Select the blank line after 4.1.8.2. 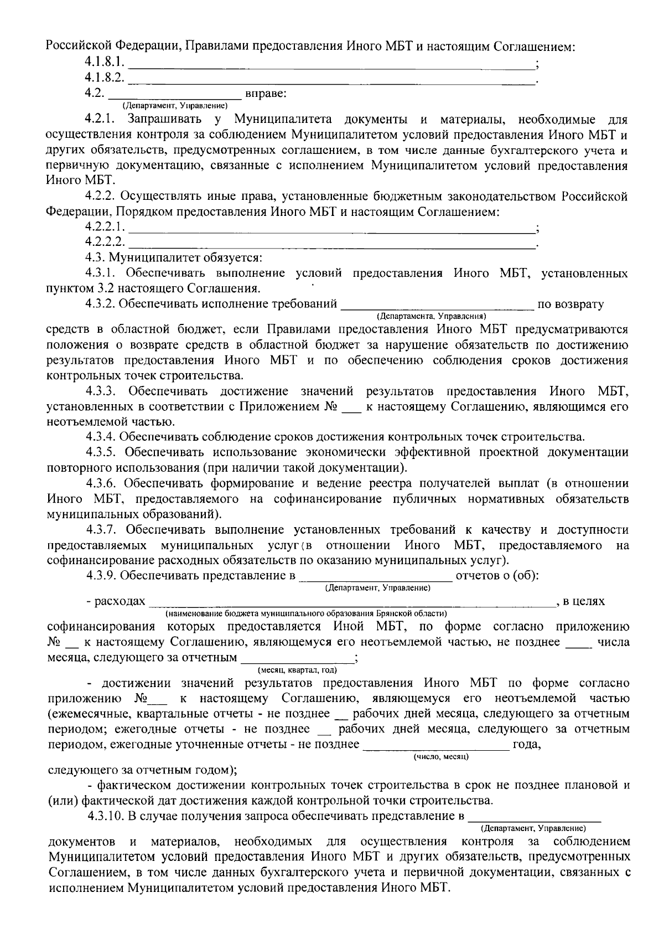[x=332, y=81]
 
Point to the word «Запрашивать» [x=164, y=119]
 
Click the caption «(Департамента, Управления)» [x=431, y=316]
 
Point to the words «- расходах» [x=116, y=601]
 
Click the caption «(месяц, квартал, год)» [x=297, y=670]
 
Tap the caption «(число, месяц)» [x=441, y=756]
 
